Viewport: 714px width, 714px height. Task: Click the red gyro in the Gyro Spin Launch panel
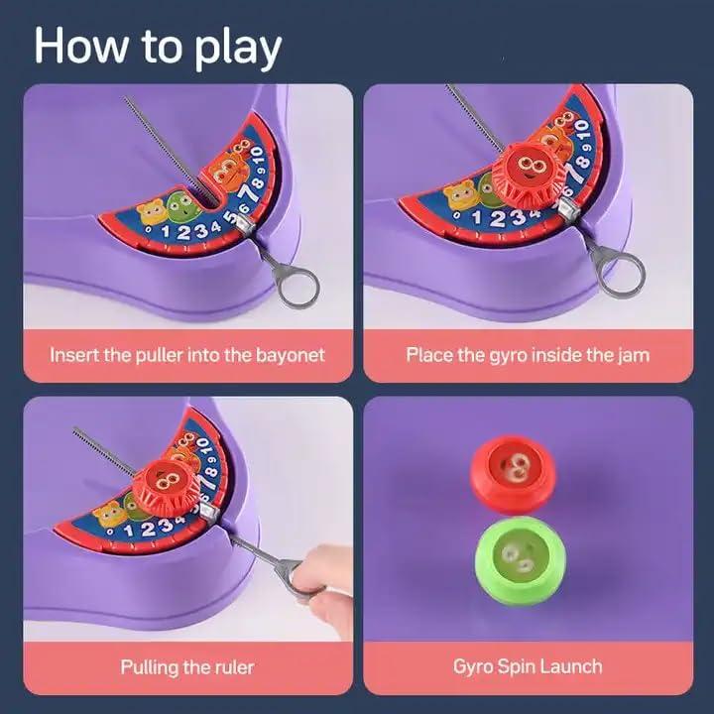tap(514, 471)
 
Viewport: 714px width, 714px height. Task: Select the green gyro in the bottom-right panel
tap(517, 559)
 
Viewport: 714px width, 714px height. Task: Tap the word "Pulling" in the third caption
tap(154, 666)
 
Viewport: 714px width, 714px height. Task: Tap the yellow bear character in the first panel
tap(151, 211)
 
